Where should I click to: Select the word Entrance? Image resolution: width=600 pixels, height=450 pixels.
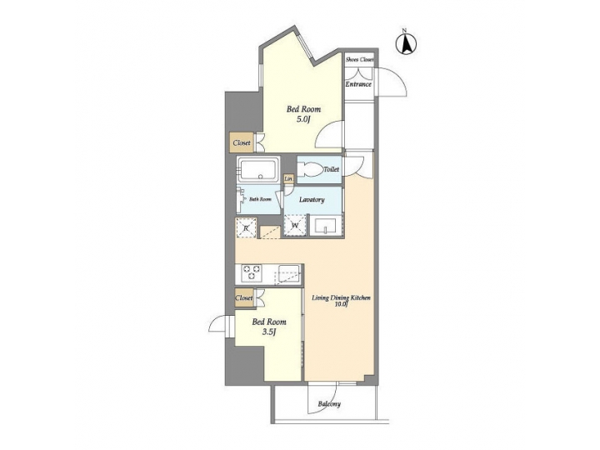coord(359,84)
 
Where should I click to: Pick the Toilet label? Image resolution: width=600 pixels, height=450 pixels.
coord(331,169)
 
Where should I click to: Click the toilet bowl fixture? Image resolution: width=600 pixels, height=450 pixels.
coord(309,169)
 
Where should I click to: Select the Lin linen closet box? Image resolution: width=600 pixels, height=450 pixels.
coord(288,179)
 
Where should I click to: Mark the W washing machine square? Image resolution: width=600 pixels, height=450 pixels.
coord(296,226)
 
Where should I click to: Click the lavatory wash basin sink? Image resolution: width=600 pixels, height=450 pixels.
coord(326,226)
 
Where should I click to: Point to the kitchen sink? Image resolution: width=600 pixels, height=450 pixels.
coord(288,272)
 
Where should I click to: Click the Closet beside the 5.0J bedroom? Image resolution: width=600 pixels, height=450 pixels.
coord(242,143)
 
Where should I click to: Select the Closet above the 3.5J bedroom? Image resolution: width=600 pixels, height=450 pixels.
coord(244,297)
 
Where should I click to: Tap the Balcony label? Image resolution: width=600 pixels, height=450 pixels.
coord(328,404)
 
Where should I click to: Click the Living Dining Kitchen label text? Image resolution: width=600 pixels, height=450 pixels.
coord(340,297)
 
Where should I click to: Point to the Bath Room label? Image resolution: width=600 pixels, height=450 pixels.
coord(260,200)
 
